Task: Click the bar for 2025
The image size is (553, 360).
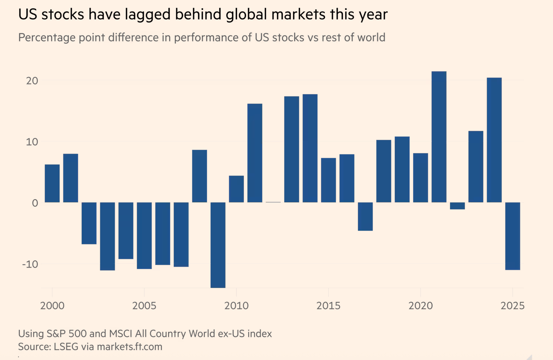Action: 513,236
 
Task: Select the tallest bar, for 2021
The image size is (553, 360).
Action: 439,137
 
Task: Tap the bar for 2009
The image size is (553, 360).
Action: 218,245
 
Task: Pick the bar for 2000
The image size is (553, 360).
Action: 52,183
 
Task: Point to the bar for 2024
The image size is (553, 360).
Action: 494,140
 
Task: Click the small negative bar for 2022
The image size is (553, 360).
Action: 457,206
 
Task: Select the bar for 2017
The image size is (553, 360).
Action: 365,217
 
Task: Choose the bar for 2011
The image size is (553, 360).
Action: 255,153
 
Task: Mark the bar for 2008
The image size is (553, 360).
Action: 200,176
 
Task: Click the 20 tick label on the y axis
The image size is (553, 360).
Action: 32,81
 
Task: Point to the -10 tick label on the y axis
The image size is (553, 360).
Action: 30,264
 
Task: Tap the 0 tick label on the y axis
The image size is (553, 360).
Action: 35,203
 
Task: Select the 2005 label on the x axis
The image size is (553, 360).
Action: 144,306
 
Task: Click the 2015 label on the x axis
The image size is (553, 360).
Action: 328,306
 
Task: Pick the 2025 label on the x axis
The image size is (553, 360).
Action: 512,306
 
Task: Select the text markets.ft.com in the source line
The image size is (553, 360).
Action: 129,347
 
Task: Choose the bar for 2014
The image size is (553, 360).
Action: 310,148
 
